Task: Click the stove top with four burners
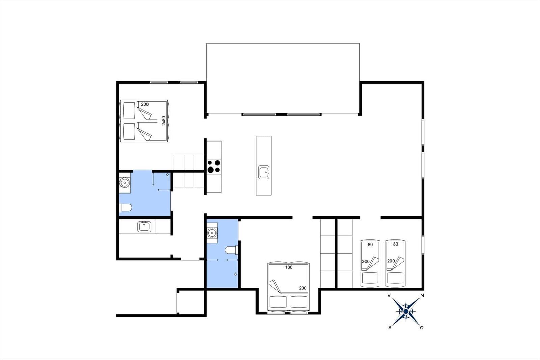tap(214, 166)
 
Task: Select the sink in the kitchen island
tap(264, 172)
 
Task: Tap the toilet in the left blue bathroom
tap(125, 207)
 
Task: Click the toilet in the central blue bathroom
tap(232, 250)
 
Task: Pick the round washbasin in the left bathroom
tap(125, 183)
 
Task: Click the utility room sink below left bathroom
tap(144, 227)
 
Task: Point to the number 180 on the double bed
tap(289, 267)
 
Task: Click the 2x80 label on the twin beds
tap(164, 121)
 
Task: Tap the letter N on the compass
tap(422, 295)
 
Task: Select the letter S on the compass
tap(390, 328)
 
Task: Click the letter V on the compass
tap(389, 295)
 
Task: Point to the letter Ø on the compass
tap(422, 328)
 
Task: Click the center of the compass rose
tap(406, 311)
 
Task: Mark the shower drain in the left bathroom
tap(167, 175)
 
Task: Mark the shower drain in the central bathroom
tap(235, 274)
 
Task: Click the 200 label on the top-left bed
tap(145, 104)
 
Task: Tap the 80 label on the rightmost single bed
tap(395, 244)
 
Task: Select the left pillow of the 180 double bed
tap(278, 302)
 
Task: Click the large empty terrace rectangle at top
tap(283, 78)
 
